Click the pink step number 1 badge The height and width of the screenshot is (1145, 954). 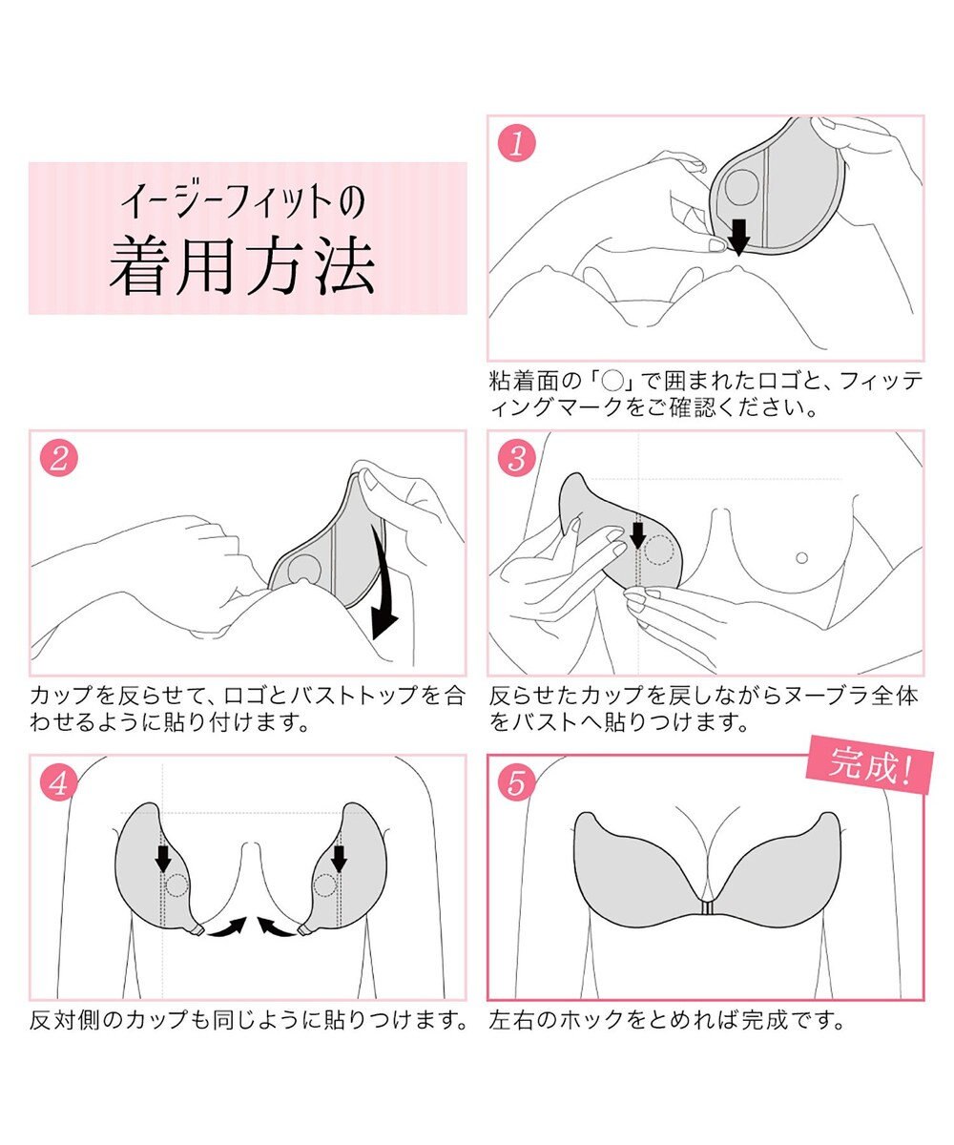517,144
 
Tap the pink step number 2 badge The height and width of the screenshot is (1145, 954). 58,459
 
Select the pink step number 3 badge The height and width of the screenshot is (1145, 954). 517,459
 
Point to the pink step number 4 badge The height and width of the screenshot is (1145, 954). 58,783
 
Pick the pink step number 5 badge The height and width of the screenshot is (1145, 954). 517,783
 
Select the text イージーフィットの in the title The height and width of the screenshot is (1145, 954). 242,203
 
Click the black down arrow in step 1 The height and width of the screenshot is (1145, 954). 738,233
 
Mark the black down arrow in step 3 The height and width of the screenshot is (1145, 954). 637,535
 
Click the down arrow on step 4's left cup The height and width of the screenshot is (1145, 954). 163,857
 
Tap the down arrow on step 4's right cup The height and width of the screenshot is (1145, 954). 338,857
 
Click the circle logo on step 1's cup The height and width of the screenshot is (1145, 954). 741,187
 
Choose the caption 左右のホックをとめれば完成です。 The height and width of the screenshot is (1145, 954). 668,1021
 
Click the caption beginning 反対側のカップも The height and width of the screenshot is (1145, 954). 248,1021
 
